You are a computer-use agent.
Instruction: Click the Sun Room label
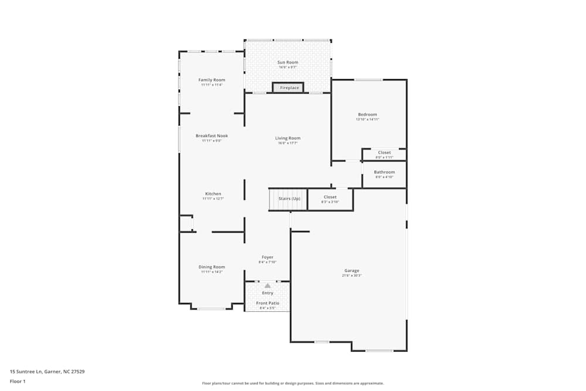(288, 62)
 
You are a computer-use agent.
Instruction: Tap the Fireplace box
(288, 88)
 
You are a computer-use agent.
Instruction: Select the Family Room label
(212, 80)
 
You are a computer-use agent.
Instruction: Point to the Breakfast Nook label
(212, 135)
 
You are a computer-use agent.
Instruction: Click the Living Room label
(288, 138)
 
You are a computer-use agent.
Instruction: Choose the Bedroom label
(367, 114)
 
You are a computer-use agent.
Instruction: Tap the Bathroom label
(384, 172)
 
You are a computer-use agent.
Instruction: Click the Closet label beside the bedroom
(384, 152)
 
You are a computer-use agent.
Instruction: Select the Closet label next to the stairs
(330, 197)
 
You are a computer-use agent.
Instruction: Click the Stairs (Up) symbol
(288, 199)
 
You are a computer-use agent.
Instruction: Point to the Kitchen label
(213, 193)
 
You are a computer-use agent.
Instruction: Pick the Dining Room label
(212, 267)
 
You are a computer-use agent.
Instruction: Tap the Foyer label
(267, 257)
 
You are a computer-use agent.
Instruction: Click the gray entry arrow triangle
(268, 285)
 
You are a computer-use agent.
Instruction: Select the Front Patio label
(267, 303)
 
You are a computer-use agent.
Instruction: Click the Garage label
(352, 270)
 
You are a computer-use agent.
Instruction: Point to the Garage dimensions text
(352, 276)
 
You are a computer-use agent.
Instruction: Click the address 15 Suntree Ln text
(47, 371)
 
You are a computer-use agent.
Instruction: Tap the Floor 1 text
(18, 381)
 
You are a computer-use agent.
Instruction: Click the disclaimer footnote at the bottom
(293, 383)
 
